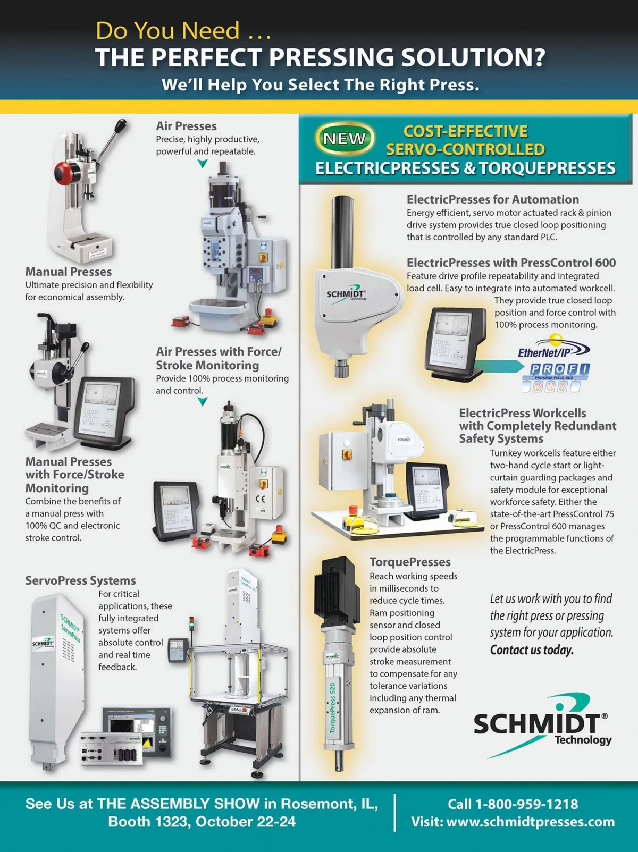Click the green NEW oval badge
[345, 138]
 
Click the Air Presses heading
[187, 126]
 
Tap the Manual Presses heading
[69, 271]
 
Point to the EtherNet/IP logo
[554, 348]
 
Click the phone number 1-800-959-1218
[527, 804]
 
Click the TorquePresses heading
[410, 562]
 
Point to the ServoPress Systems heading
[80, 580]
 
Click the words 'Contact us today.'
[532, 650]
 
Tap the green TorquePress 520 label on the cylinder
[332, 708]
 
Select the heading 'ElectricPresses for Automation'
[493, 199]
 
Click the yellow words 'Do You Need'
[167, 30]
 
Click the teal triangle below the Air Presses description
[202, 164]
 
